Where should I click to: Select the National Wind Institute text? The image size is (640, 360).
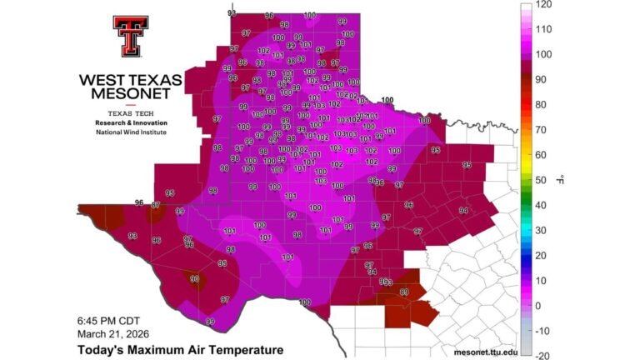(131, 132)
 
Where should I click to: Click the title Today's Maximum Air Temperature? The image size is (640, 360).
(179, 350)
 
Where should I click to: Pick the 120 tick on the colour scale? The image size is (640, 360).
(543, 5)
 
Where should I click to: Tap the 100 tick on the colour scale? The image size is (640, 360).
(543, 55)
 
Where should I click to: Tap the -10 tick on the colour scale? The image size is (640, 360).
(542, 331)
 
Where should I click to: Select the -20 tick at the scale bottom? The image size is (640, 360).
(542, 355)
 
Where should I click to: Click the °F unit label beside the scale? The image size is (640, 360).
(562, 180)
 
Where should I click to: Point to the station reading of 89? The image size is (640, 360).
(405, 292)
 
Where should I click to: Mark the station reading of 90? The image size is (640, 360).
(194, 279)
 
